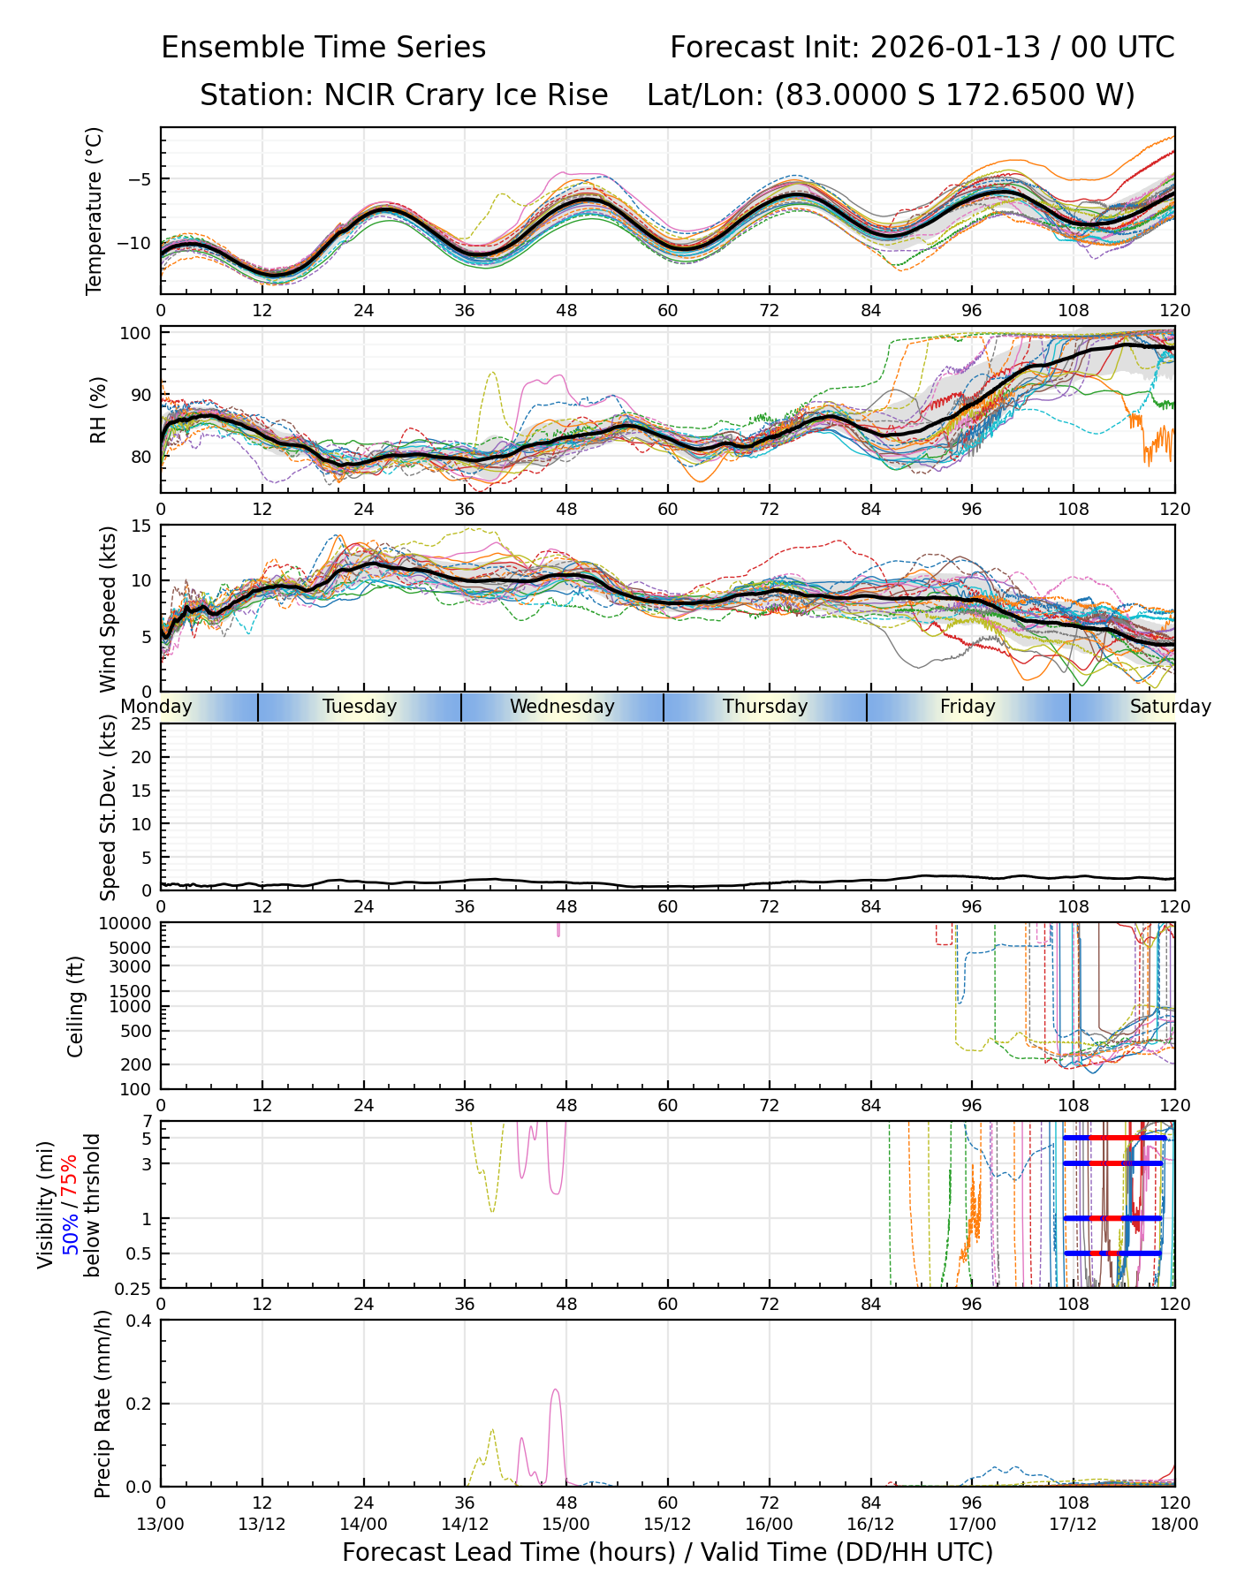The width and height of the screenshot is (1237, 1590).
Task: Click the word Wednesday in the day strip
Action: [x=562, y=707]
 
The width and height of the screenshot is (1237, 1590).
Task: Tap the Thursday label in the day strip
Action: [x=765, y=707]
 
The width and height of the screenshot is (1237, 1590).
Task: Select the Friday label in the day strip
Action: [x=968, y=707]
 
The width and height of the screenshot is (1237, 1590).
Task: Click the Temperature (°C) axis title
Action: [x=95, y=210]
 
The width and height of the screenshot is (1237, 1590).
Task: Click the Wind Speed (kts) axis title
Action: [x=108, y=609]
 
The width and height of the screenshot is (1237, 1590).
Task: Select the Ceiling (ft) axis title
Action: [x=76, y=1006]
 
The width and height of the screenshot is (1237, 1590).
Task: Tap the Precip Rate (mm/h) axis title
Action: [x=102, y=1403]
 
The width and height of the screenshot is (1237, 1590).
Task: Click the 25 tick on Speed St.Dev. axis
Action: [x=140, y=724]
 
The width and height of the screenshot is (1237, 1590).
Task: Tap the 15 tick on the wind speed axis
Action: [x=140, y=526]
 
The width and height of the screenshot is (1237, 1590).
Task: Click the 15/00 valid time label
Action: [x=565, y=1524]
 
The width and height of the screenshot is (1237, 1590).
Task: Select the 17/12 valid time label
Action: [x=1073, y=1524]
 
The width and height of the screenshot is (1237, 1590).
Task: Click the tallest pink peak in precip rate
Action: [x=555, y=1390]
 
